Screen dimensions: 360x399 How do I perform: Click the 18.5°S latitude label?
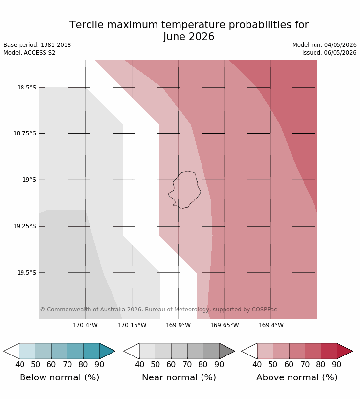point(27,88)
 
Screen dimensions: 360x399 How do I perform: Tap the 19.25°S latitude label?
point(24,226)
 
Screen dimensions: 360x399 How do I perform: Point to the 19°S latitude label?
point(29,180)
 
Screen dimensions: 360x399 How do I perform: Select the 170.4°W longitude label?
point(85,325)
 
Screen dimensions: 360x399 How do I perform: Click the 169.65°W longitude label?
point(225,325)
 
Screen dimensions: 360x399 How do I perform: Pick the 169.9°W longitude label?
point(178,325)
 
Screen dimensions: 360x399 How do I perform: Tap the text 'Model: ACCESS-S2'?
point(29,53)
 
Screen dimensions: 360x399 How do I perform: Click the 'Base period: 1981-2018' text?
point(37,45)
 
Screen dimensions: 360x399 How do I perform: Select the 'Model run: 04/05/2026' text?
point(324,45)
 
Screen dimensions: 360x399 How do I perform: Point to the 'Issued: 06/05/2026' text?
point(329,53)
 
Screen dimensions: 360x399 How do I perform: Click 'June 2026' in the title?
point(189,37)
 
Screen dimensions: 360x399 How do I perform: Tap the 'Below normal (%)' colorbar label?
point(60,377)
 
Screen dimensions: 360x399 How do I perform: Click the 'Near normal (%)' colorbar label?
point(179,377)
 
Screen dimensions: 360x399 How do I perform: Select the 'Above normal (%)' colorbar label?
point(297,377)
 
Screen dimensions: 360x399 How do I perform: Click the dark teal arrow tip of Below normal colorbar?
point(115,351)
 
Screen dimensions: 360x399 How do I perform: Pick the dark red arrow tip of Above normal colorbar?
point(353,351)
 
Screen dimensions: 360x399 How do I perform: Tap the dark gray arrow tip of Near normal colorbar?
point(235,351)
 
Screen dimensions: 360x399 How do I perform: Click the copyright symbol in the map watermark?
point(43,310)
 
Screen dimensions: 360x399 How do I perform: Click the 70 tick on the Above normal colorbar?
point(305,364)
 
